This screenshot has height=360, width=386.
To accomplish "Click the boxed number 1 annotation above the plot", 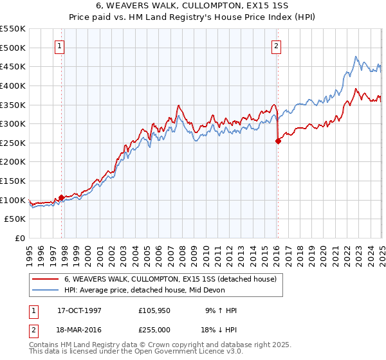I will tap(59, 46).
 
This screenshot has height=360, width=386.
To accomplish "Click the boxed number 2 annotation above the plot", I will tap(276, 46).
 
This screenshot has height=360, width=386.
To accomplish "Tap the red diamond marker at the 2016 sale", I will tap(278, 141).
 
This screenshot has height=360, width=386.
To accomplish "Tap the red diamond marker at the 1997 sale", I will tap(62, 198).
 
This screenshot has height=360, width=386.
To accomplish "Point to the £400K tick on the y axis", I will tap(13, 85).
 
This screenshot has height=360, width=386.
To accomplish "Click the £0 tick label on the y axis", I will tap(19, 239).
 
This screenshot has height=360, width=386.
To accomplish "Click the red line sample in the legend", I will tap(44, 279).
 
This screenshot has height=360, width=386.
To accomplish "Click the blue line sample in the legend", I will tap(44, 290).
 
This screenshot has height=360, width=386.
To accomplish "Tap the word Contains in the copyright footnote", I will tap(44, 346).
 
